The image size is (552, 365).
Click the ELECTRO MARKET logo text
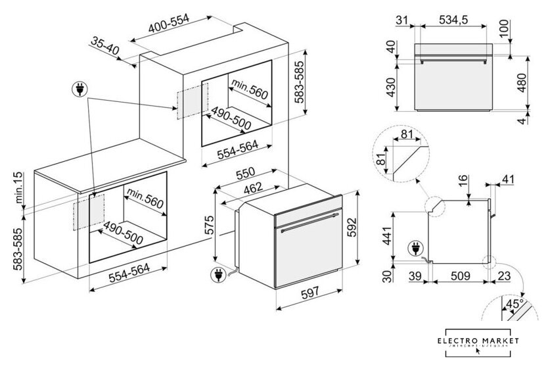pos(482,340)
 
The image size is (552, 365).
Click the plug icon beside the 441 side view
pos(415,248)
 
